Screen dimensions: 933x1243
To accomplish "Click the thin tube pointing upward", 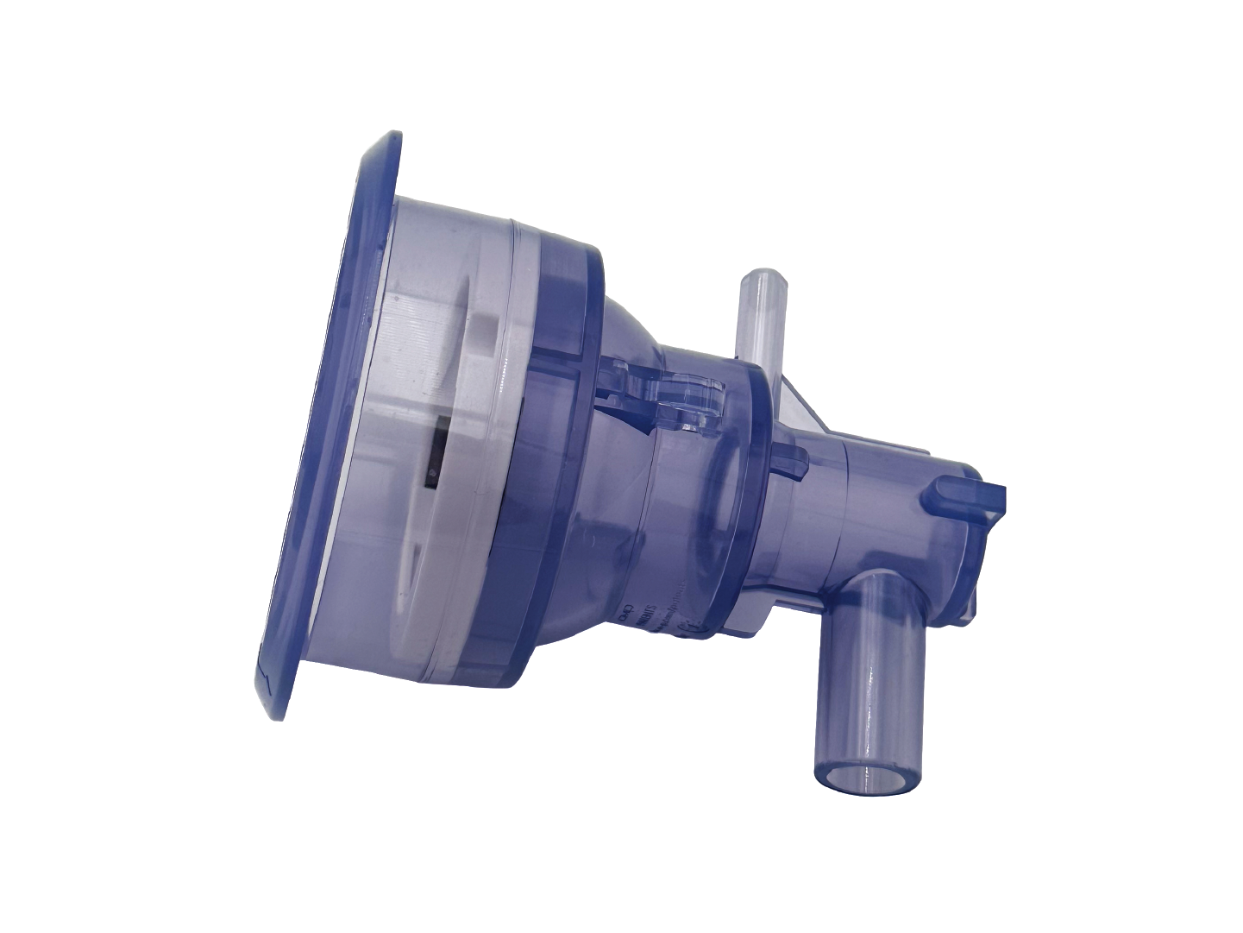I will pos(759,315).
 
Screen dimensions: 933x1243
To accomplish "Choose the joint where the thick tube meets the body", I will pos(850,591).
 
